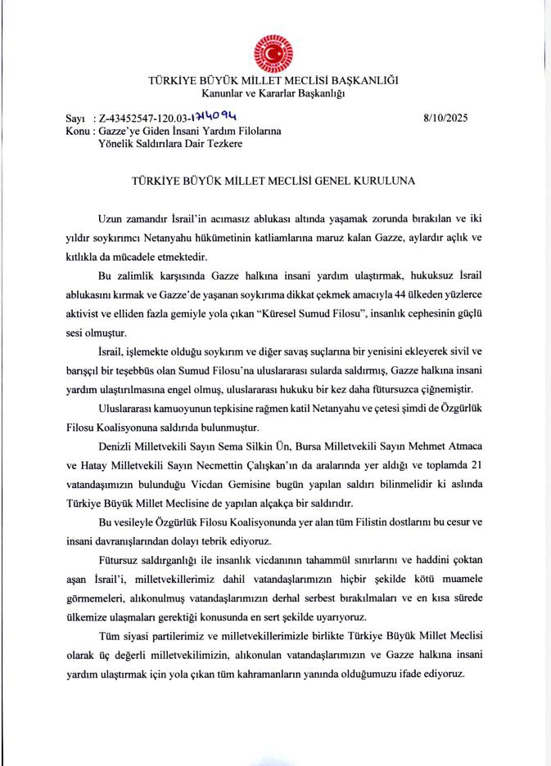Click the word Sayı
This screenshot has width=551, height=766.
pyautogui.click(x=75, y=119)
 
